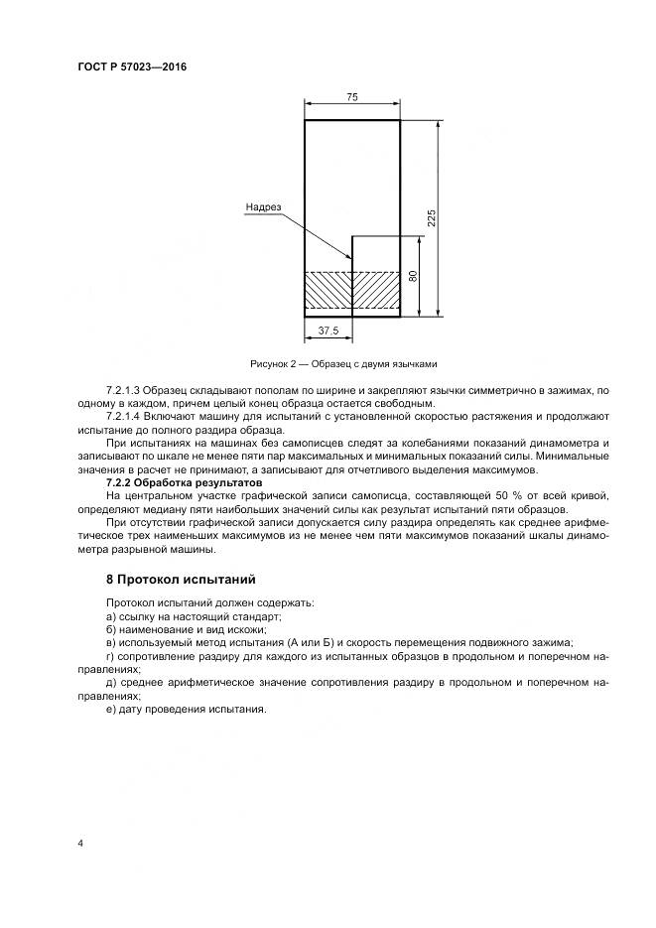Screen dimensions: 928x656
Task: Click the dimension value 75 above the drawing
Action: click(351, 97)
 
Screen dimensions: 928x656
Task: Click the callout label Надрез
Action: click(263, 207)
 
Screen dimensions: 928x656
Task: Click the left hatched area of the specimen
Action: click(328, 294)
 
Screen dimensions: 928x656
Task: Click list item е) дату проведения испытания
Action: click(186, 710)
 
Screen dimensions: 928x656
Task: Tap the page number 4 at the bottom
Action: click(79, 844)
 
